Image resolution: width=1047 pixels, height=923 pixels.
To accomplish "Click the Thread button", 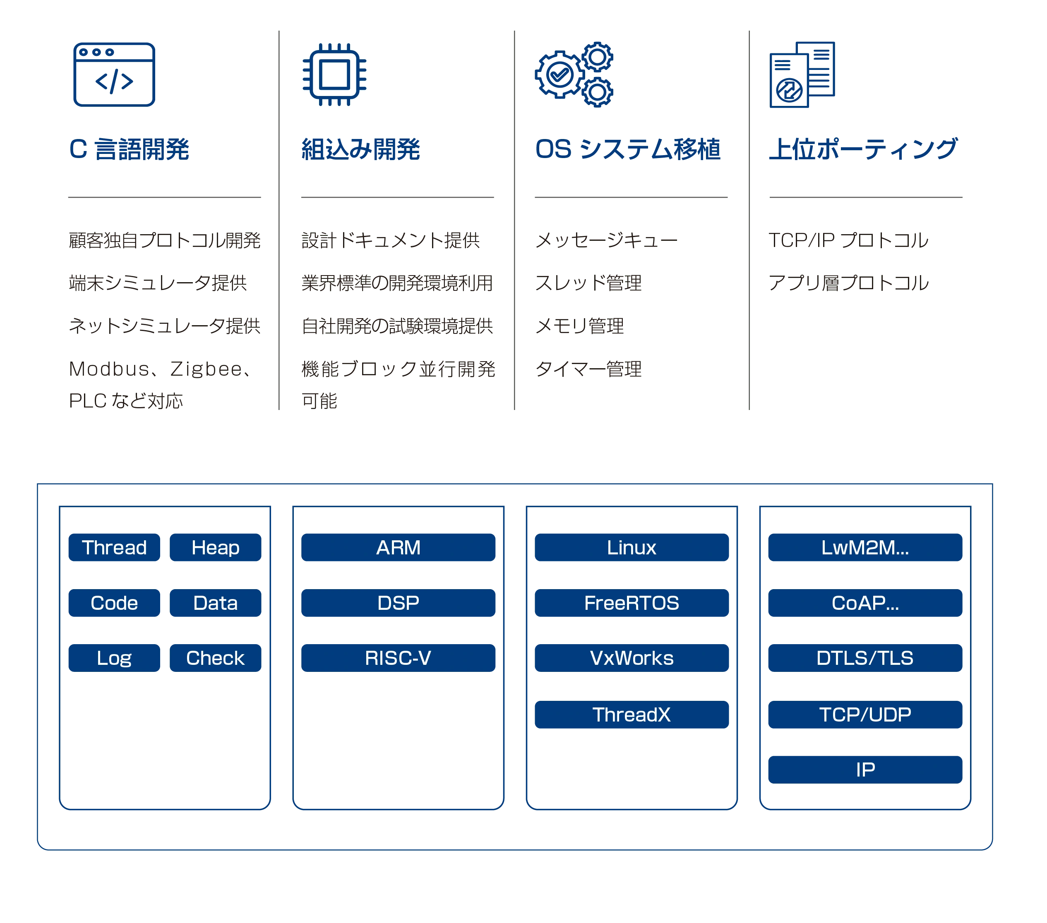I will (x=114, y=547).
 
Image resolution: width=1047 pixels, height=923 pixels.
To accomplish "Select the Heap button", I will (x=215, y=547).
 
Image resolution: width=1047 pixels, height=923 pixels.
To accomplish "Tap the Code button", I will (x=114, y=603).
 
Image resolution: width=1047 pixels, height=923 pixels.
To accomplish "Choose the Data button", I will (x=215, y=603).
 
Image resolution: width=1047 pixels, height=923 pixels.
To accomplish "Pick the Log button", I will (x=114, y=658).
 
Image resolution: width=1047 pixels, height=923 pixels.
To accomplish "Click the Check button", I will (x=215, y=658).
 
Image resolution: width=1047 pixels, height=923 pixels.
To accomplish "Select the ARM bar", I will (x=399, y=547).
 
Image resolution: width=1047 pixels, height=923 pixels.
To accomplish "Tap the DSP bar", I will (x=399, y=603).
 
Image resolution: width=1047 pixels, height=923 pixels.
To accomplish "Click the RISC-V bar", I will (x=399, y=658).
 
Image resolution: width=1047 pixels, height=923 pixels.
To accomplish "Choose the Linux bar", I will (x=632, y=547).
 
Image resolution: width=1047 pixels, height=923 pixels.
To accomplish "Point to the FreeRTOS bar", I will (x=632, y=603).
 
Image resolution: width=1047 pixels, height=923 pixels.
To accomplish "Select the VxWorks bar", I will (x=632, y=658).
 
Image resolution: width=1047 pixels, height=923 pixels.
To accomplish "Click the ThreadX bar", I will (x=632, y=714).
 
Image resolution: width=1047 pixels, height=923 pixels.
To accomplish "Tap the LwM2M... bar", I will (x=865, y=547).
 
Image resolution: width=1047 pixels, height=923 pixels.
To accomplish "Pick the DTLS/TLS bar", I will (x=865, y=658).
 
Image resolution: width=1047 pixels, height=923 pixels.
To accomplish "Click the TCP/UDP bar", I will (x=865, y=714).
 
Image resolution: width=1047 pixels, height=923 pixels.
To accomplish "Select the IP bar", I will (x=865, y=770).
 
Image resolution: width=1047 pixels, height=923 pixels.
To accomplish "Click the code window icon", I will (x=114, y=74).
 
